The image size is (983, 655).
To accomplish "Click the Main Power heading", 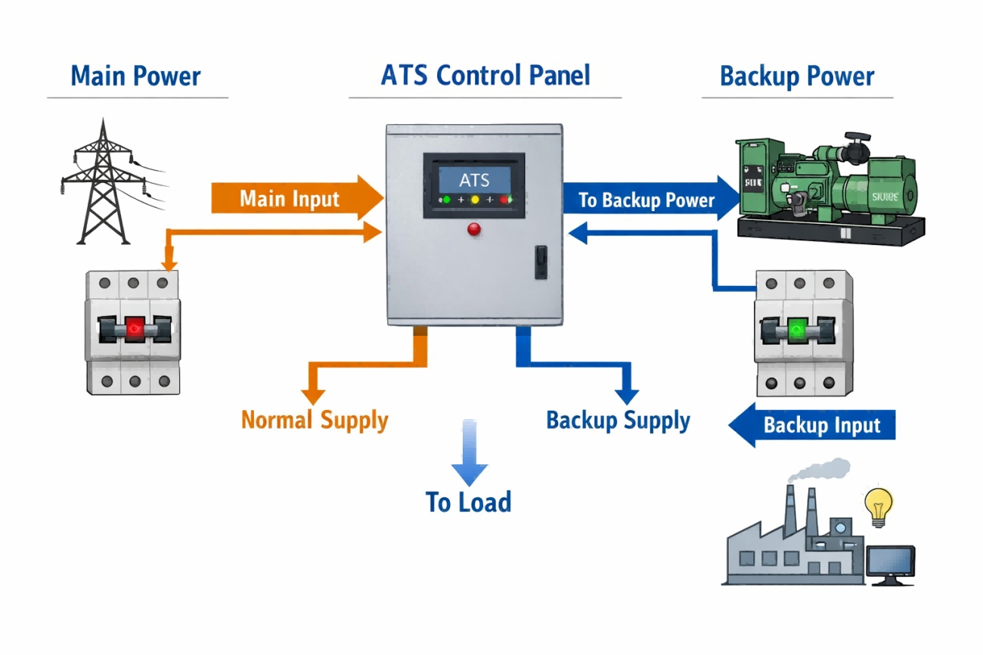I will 136,76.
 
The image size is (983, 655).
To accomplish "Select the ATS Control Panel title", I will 485,76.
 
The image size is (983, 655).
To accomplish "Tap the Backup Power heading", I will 797,76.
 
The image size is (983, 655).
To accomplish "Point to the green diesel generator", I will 829,188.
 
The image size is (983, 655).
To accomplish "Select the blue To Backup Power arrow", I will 650,200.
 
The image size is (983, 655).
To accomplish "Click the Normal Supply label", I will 315,420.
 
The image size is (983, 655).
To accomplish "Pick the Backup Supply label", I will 618,421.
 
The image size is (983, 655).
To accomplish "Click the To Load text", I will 468,502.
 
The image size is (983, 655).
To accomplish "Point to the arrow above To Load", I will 470,454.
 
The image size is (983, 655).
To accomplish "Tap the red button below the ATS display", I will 475,230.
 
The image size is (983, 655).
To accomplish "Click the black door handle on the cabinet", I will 541,262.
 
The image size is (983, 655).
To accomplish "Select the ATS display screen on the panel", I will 474,181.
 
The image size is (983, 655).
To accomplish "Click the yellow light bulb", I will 879,506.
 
